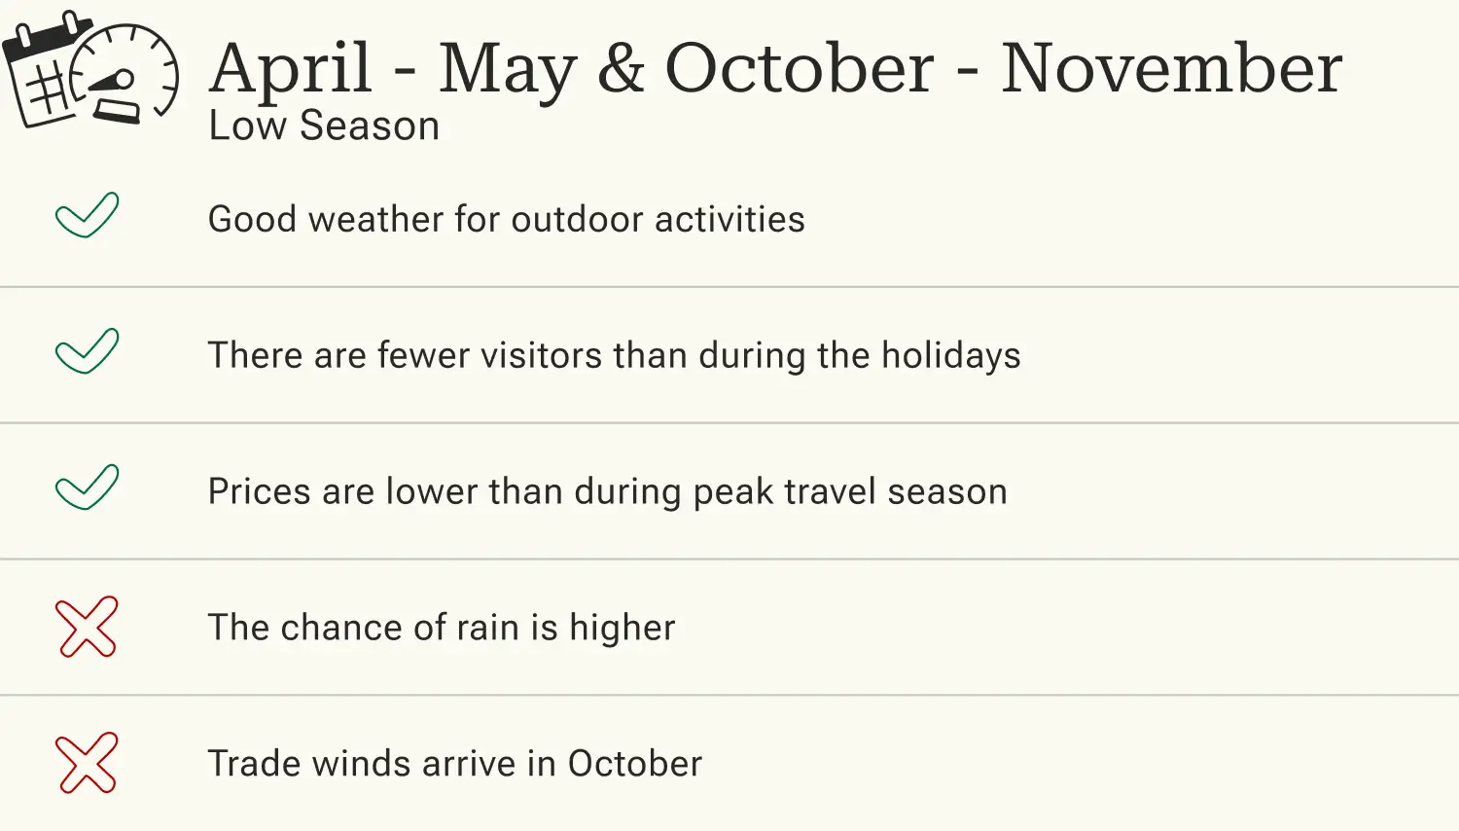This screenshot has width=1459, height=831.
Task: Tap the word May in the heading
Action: (507, 70)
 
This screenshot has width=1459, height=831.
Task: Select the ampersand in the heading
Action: (621, 68)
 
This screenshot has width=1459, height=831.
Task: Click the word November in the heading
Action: (1171, 68)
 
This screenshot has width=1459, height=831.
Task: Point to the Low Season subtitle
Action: (324, 126)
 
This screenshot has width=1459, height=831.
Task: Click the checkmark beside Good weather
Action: (87, 215)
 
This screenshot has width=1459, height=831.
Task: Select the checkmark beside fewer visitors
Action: (87, 351)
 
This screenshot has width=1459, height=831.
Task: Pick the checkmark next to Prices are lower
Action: (87, 488)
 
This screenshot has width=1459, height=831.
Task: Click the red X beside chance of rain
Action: (87, 627)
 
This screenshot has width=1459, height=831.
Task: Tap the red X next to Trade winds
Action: (87, 763)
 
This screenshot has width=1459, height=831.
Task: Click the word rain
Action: (487, 629)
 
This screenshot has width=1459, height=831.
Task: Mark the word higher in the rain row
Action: (622, 629)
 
